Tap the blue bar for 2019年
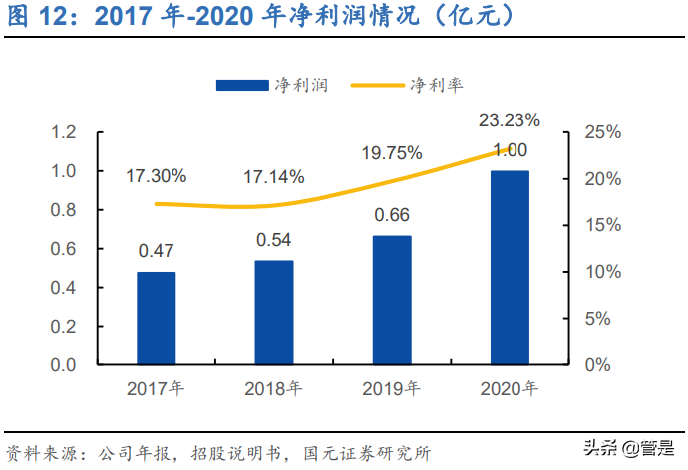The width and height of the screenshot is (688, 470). (392, 300)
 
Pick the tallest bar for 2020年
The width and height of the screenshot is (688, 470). (510, 267)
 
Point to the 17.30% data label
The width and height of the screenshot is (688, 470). (156, 176)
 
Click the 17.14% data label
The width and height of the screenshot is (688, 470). (274, 176)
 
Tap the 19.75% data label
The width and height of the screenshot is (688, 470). (392, 152)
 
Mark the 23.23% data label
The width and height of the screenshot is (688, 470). (510, 120)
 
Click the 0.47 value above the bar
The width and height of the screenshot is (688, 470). (156, 250)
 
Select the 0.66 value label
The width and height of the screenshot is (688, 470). (392, 214)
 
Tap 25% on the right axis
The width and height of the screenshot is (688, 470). (603, 132)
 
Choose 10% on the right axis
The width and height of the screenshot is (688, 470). (603, 272)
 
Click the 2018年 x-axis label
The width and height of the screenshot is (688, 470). (274, 389)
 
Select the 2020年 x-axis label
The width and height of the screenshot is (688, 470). (510, 389)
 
